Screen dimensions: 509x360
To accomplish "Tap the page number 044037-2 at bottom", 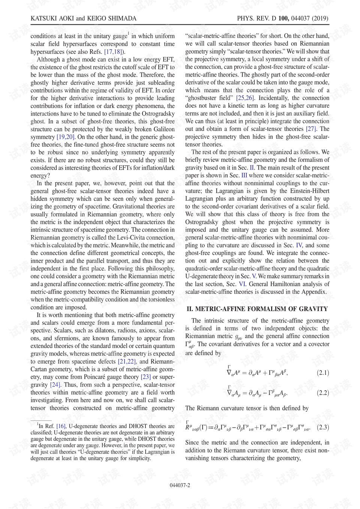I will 180,485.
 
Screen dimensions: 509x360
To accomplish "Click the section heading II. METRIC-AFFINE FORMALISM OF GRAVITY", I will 257,309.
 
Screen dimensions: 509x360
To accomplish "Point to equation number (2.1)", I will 322,372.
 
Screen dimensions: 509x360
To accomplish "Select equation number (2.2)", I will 322,392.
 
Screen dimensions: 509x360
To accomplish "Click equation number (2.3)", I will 322,427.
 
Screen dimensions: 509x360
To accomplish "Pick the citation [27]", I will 311,129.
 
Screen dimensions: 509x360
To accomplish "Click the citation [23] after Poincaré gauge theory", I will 145,377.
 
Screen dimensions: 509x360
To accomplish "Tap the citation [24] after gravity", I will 55,384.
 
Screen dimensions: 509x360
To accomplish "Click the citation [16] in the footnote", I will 61,426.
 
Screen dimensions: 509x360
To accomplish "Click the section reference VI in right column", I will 242,284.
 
